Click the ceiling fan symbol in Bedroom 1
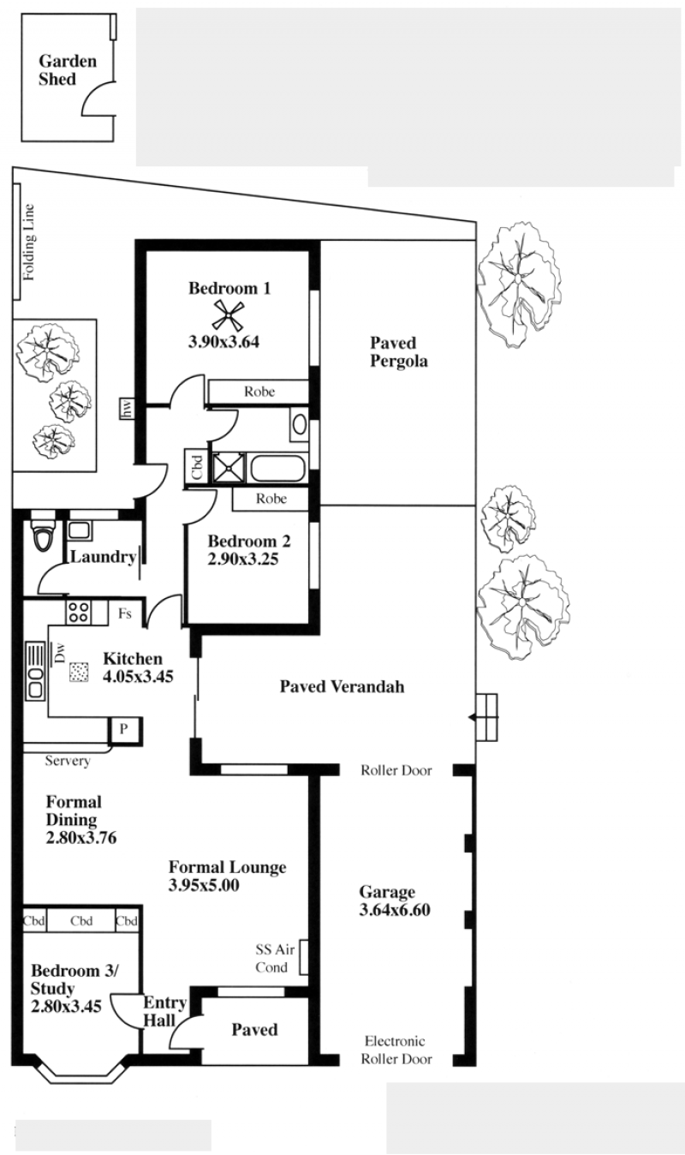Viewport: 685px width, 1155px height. click(x=229, y=315)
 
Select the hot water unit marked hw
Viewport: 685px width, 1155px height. click(x=127, y=409)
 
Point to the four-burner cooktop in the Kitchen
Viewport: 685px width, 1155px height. click(x=78, y=613)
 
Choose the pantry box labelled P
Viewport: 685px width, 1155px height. click(x=124, y=729)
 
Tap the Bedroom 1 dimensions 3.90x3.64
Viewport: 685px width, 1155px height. click(x=223, y=341)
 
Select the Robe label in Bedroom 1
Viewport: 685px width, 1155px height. click(x=259, y=392)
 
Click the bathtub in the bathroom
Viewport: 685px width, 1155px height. click(x=277, y=468)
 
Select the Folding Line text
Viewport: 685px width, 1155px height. click(x=29, y=242)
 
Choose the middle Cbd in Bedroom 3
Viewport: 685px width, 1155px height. click(x=81, y=921)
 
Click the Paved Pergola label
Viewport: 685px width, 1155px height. click(x=398, y=351)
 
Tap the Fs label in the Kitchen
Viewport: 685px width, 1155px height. click(x=125, y=613)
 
